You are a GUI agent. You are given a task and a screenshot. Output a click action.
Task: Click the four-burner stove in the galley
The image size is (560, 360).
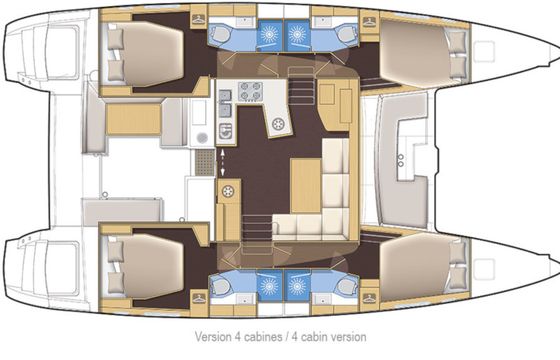tap(250, 91)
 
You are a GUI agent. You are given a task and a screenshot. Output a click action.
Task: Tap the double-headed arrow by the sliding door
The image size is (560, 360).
tap(222, 162)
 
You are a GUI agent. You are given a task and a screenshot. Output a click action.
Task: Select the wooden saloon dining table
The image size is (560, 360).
tap(306, 186)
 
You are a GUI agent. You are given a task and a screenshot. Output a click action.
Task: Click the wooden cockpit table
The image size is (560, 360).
tap(134, 119)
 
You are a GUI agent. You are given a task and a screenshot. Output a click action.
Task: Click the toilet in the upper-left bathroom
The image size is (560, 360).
tap(220, 35)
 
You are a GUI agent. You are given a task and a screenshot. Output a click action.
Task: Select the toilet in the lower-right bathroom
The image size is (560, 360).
tap(346, 286)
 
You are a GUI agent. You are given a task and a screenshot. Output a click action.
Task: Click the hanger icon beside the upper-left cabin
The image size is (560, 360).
tap(199, 19)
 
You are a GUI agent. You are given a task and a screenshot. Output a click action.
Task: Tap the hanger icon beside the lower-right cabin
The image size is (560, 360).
tap(369, 298)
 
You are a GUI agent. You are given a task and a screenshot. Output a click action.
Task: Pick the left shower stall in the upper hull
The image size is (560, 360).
tap(270, 35)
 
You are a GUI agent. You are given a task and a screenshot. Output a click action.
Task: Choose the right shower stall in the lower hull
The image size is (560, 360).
tap(297, 286)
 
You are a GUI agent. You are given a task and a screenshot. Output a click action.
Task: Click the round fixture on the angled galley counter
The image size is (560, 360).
tap(278, 124)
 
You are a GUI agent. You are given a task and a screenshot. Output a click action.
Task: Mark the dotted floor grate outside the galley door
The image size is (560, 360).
tap(205, 162)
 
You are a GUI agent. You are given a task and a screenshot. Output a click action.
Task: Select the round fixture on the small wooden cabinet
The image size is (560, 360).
tap(228, 191)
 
